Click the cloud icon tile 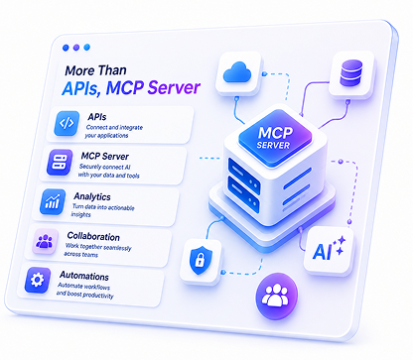[237, 72]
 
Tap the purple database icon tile [351, 74]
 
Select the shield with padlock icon [201, 260]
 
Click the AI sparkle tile [329, 251]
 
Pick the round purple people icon [276, 296]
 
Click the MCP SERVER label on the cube [274, 138]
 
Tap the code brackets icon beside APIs [67, 123]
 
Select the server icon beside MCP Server [60, 163]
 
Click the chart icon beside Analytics [53, 201]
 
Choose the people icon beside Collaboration [45, 241]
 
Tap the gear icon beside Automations [38, 281]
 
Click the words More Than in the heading [95, 70]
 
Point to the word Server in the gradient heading [174, 87]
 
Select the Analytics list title [92, 196]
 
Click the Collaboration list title [93, 236]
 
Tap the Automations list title [84, 276]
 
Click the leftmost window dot [66, 48]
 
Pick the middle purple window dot [76, 48]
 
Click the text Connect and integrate [114, 127]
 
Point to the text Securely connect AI [104, 167]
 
